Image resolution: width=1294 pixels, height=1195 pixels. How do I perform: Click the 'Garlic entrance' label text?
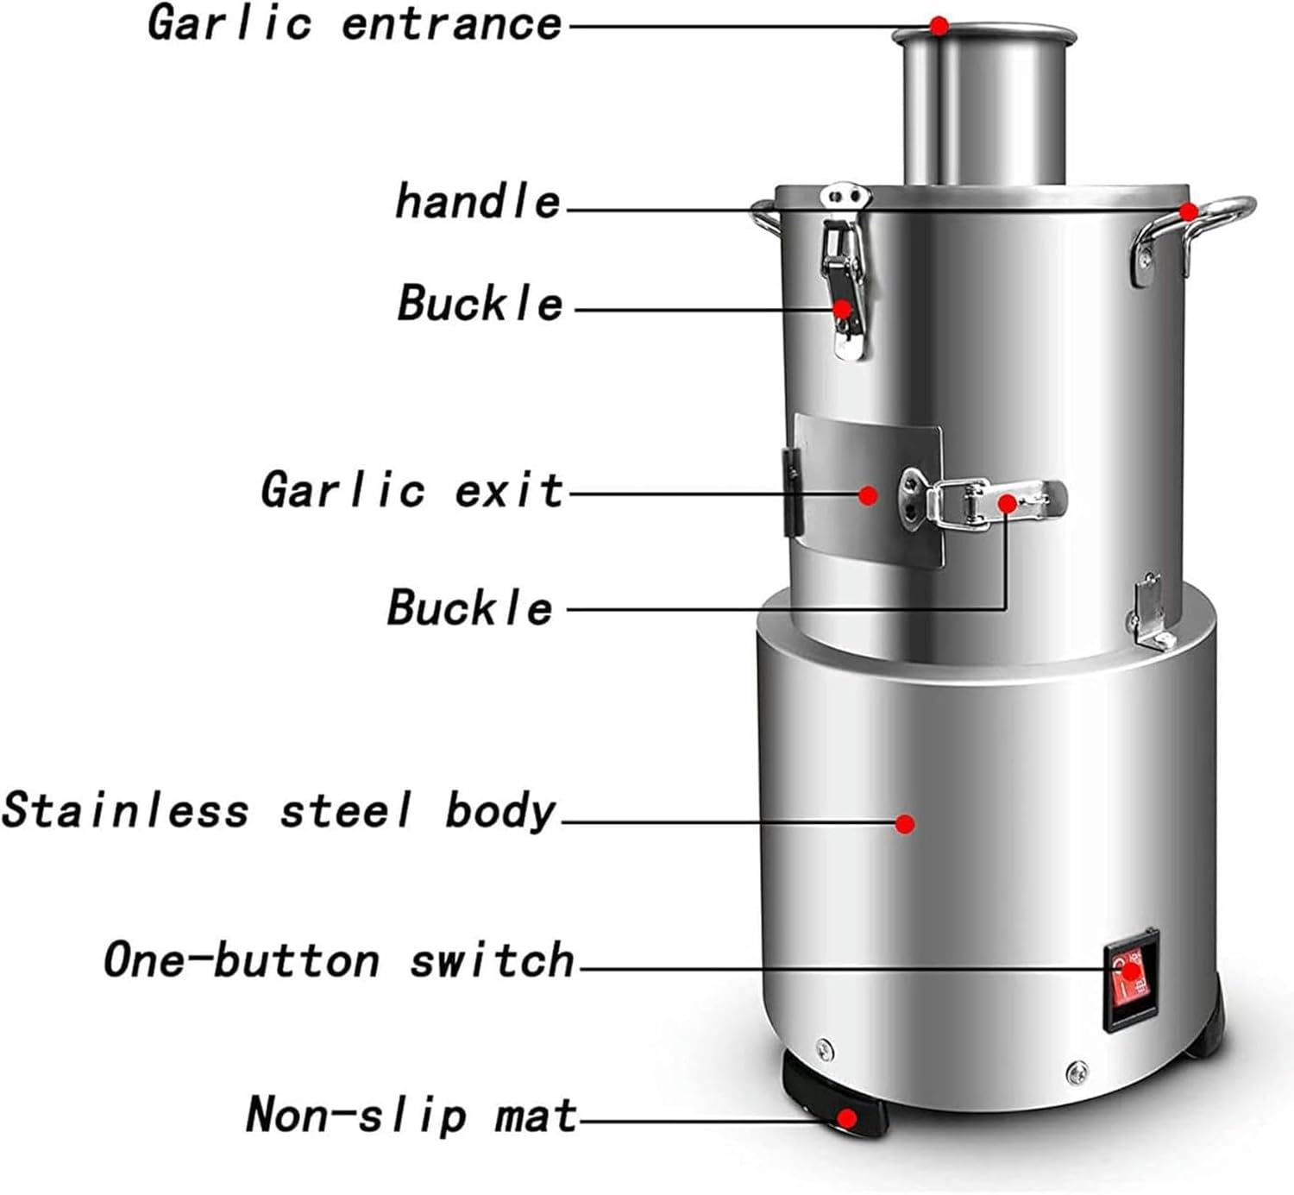pyautogui.click(x=355, y=23)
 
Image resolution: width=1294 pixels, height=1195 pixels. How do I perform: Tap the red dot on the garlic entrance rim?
pyautogui.click(x=939, y=26)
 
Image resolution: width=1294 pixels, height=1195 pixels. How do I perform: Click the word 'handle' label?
pyautogui.click(x=478, y=202)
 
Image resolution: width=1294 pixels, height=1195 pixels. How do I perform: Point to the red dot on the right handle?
pyautogui.click(x=1189, y=211)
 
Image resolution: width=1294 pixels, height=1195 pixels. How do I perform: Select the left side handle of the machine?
pyautogui.click(x=764, y=217)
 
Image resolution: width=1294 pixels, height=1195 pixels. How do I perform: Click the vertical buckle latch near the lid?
pyautogui.click(x=844, y=276)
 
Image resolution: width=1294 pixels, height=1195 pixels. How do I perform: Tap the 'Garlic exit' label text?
pyautogui.click(x=411, y=490)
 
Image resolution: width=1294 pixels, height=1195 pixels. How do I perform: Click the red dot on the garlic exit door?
pyautogui.click(x=869, y=495)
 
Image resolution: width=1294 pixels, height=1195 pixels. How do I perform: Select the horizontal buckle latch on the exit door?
pyautogui.click(x=983, y=505)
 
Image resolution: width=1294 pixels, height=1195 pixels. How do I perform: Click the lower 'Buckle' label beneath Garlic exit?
pyautogui.click(x=469, y=607)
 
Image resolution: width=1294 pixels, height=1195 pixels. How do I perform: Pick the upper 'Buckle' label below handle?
pyautogui.click(x=480, y=304)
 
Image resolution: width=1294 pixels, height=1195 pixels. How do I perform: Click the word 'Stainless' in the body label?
pyautogui.click(x=126, y=811)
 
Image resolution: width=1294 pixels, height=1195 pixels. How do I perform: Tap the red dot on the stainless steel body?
pyautogui.click(x=904, y=824)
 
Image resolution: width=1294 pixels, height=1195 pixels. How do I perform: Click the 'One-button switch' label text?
pyautogui.click(x=338, y=960)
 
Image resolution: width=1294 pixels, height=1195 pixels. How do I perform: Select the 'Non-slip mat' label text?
pyautogui.click(x=411, y=1115)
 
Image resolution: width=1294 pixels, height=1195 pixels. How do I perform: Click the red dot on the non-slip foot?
pyautogui.click(x=848, y=1119)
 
